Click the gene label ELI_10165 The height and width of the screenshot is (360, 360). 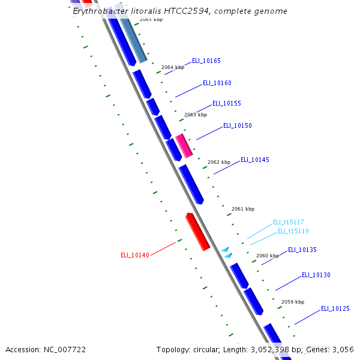pyautogui.click(x=206, y=61)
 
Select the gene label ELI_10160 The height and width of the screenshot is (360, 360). pyautogui.click(x=217, y=83)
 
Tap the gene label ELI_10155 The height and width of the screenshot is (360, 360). pyautogui.click(x=227, y=103)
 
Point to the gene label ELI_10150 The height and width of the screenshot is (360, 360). pyautogui.click(x=238, y=125)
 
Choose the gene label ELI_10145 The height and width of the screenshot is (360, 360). pyautogui.click(x=255, y=160)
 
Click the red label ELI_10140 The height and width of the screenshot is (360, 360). pyautogui.click(x=135, y=255)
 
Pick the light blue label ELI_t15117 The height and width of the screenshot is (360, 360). pyautogui.click(x=289, y=222)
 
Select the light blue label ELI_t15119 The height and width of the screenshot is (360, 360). pyautogui.click(x=293, y=231)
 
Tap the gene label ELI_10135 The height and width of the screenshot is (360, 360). pyautogui.click(x=302, y=250)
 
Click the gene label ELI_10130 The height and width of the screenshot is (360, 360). pyautogui.click(x=316, y=275)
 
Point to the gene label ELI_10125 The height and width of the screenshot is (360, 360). pyautogui.click(x=335, y=308)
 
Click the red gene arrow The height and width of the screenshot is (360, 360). pyautogui.click(x=197, y=231)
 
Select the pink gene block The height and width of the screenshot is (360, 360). pyautogui.click(x=184, y=146)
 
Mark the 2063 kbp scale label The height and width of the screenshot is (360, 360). pyautogui.click(x=196, y=115)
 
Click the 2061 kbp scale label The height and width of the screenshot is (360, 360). pyautogui.click(x=243, y=209)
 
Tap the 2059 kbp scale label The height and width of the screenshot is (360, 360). pyautogui.click(x=293, y=302)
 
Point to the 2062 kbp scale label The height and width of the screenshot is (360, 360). pyautogui.click(x=219, y=162)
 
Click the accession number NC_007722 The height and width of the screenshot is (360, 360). pyautogui.click(x=66, y=349)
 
